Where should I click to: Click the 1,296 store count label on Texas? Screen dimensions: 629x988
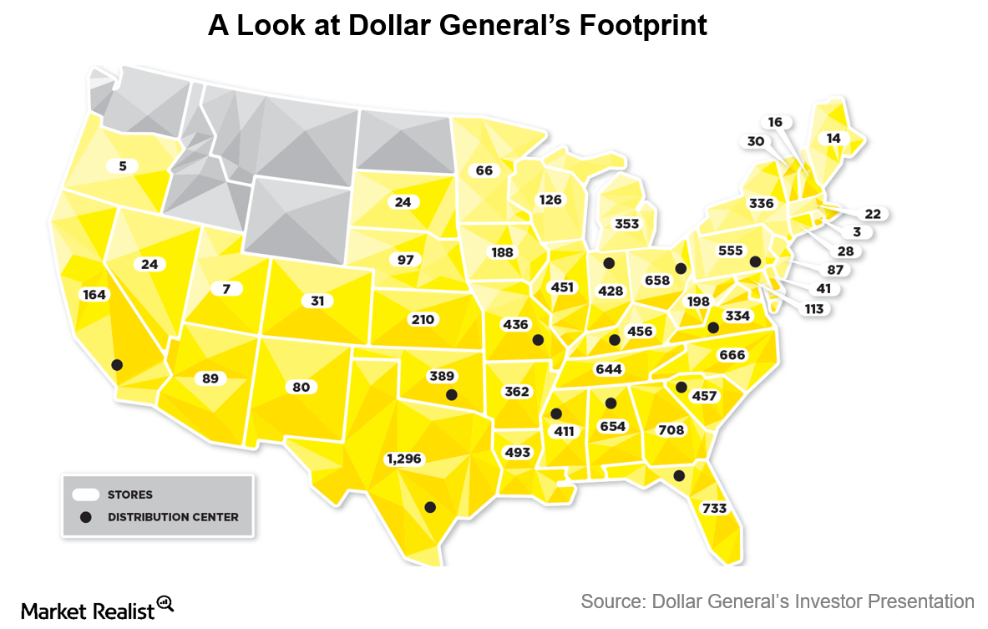(x=405, y=459)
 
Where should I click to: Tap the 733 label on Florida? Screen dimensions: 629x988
(x=714, y=508)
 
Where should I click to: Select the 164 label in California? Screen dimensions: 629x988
(x=94, y=294)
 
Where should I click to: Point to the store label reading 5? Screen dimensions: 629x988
(x=122, y=166)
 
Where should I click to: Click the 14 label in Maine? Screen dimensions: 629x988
(x=833, y=138)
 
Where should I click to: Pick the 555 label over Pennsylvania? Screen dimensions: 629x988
(x=731, y=251)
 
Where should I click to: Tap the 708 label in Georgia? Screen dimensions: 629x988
(x=671, y=430)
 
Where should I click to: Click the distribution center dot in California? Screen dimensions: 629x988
(x=117, y=365)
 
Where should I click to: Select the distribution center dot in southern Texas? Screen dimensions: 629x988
(x=430, y=507)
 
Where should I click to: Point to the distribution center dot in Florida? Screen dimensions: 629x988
(x=679, y=475)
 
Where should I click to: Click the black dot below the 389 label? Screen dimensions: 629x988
(x=452, y=395)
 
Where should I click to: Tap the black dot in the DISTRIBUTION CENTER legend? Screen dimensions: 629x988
(x=85, y=517)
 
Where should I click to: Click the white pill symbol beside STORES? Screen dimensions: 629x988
(x=85, y=495)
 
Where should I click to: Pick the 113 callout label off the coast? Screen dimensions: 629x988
(x=813, y=309)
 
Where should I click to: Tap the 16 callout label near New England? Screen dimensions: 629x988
(x=775, y=122)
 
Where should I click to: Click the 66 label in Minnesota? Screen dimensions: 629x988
(x=484, y=170)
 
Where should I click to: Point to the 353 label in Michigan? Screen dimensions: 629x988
(x=626, y=224)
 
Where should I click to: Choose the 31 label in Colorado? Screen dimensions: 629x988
(x=317, y=301)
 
